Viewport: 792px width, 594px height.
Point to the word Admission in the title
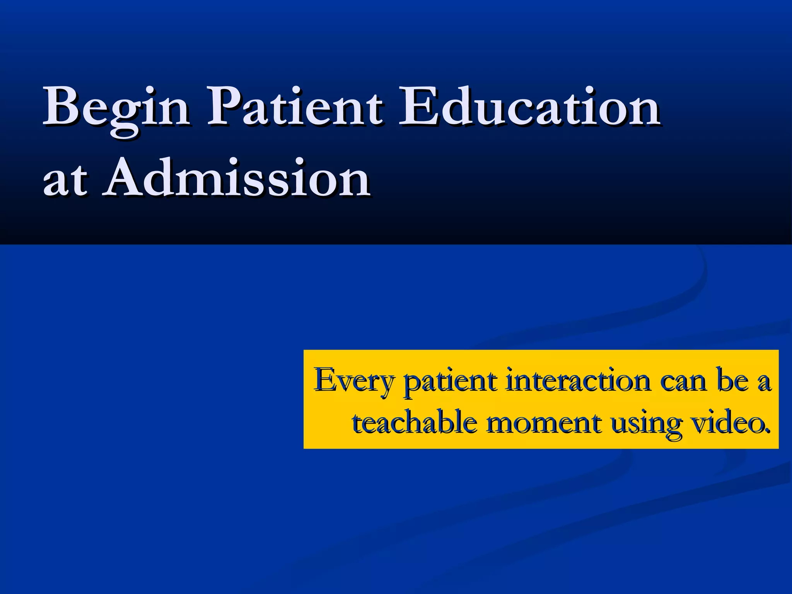pos(237,178)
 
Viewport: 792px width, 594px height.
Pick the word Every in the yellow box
pos(354,381)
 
